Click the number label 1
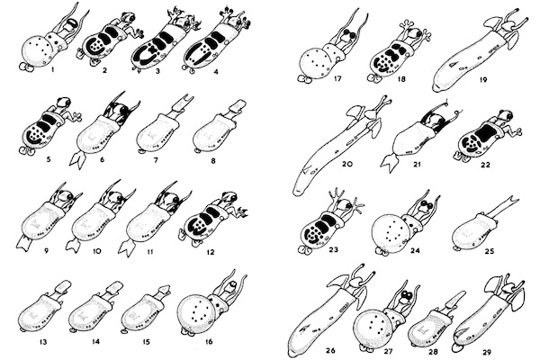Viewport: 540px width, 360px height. [x=52, y=70]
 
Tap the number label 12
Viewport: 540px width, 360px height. [x=210, y=252]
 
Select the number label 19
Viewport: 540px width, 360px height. [x=483, y=79]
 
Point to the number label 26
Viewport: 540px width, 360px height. [x=330, y=351]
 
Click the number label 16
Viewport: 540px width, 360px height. [x=209, y=341]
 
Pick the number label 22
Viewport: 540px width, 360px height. [x=485, y=165]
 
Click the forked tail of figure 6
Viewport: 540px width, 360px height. [x=78, y=159]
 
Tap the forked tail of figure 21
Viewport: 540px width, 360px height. [x=390, y=162]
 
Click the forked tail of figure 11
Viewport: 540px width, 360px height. [x=126, y=247]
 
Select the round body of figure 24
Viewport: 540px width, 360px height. [x=390, y=233]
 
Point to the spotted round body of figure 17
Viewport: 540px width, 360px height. [x=315, y=65]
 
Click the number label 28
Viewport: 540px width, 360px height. [x=433, y=352]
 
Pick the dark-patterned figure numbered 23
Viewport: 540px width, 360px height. [x=328, y=220]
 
